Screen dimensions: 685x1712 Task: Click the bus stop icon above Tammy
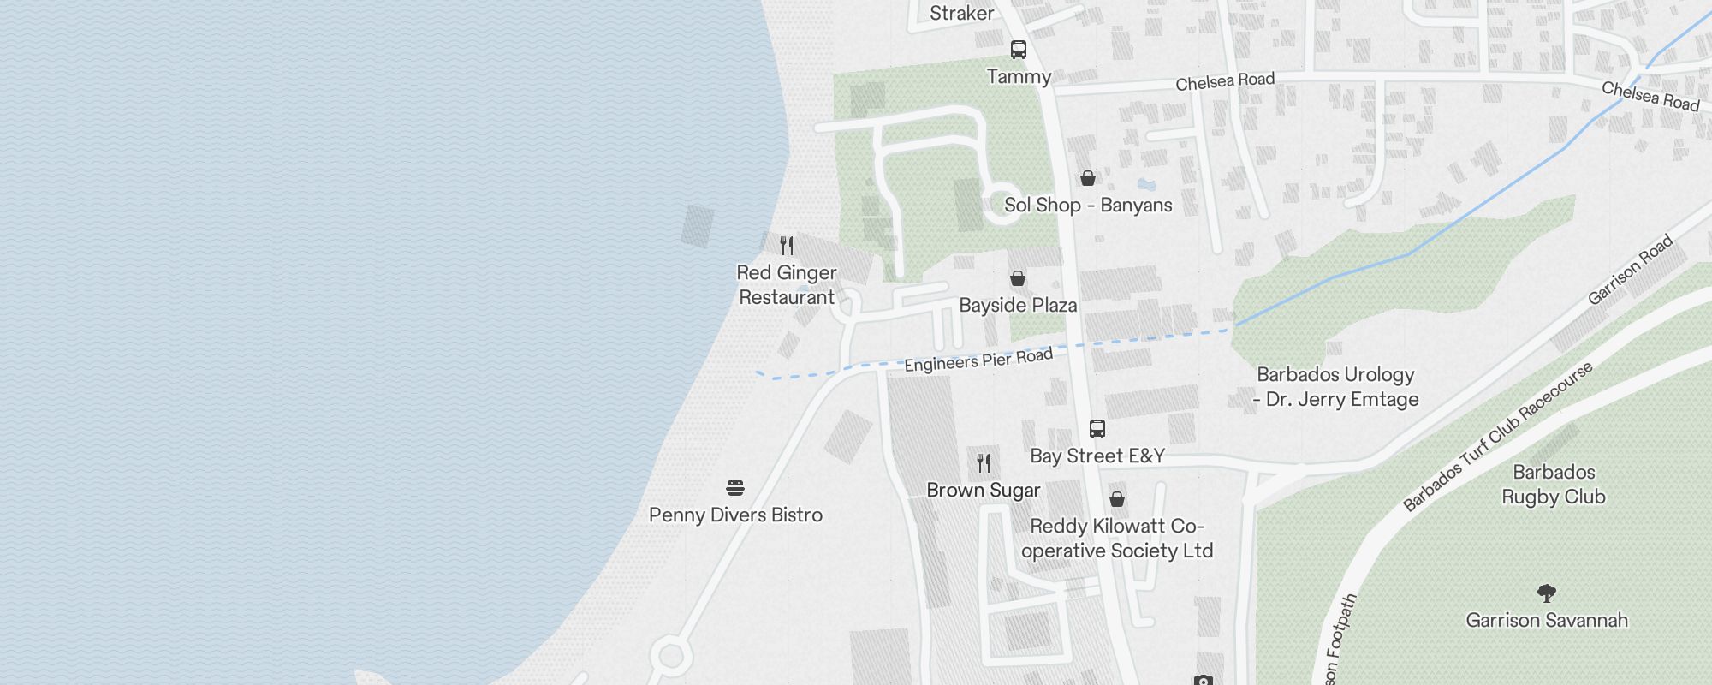1018,50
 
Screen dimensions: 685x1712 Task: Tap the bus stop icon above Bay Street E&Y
1097,428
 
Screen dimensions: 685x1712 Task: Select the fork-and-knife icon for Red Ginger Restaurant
787,246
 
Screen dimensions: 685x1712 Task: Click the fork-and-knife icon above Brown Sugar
984,463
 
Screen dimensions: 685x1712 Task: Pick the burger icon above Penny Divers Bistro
735,488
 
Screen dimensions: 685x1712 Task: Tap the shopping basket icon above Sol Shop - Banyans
1087,178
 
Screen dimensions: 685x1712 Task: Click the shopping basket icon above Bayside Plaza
1018,278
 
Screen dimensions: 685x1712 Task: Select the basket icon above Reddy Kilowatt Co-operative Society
1117,499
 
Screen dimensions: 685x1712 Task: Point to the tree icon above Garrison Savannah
1546,593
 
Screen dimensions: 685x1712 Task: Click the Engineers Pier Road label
978,360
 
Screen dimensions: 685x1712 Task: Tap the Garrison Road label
1630,271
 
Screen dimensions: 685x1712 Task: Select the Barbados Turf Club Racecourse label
1498,436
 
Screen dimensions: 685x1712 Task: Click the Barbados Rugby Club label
1554,485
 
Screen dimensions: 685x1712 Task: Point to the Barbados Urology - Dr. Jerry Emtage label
1335,387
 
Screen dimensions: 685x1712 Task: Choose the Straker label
962,13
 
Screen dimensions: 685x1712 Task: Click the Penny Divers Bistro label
735,515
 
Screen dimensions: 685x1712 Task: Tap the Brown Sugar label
984,490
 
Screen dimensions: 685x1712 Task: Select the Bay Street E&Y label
1097,456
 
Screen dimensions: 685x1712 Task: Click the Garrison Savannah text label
1546,620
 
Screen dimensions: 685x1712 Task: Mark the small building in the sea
698,226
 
